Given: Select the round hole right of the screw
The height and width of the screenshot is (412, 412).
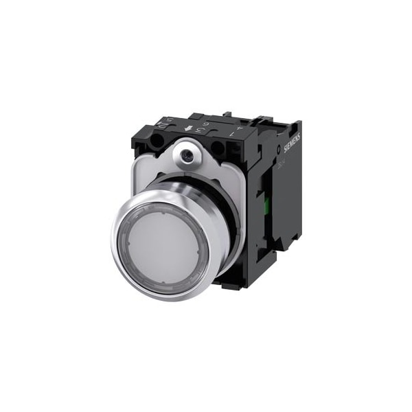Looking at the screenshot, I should point(217,148).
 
